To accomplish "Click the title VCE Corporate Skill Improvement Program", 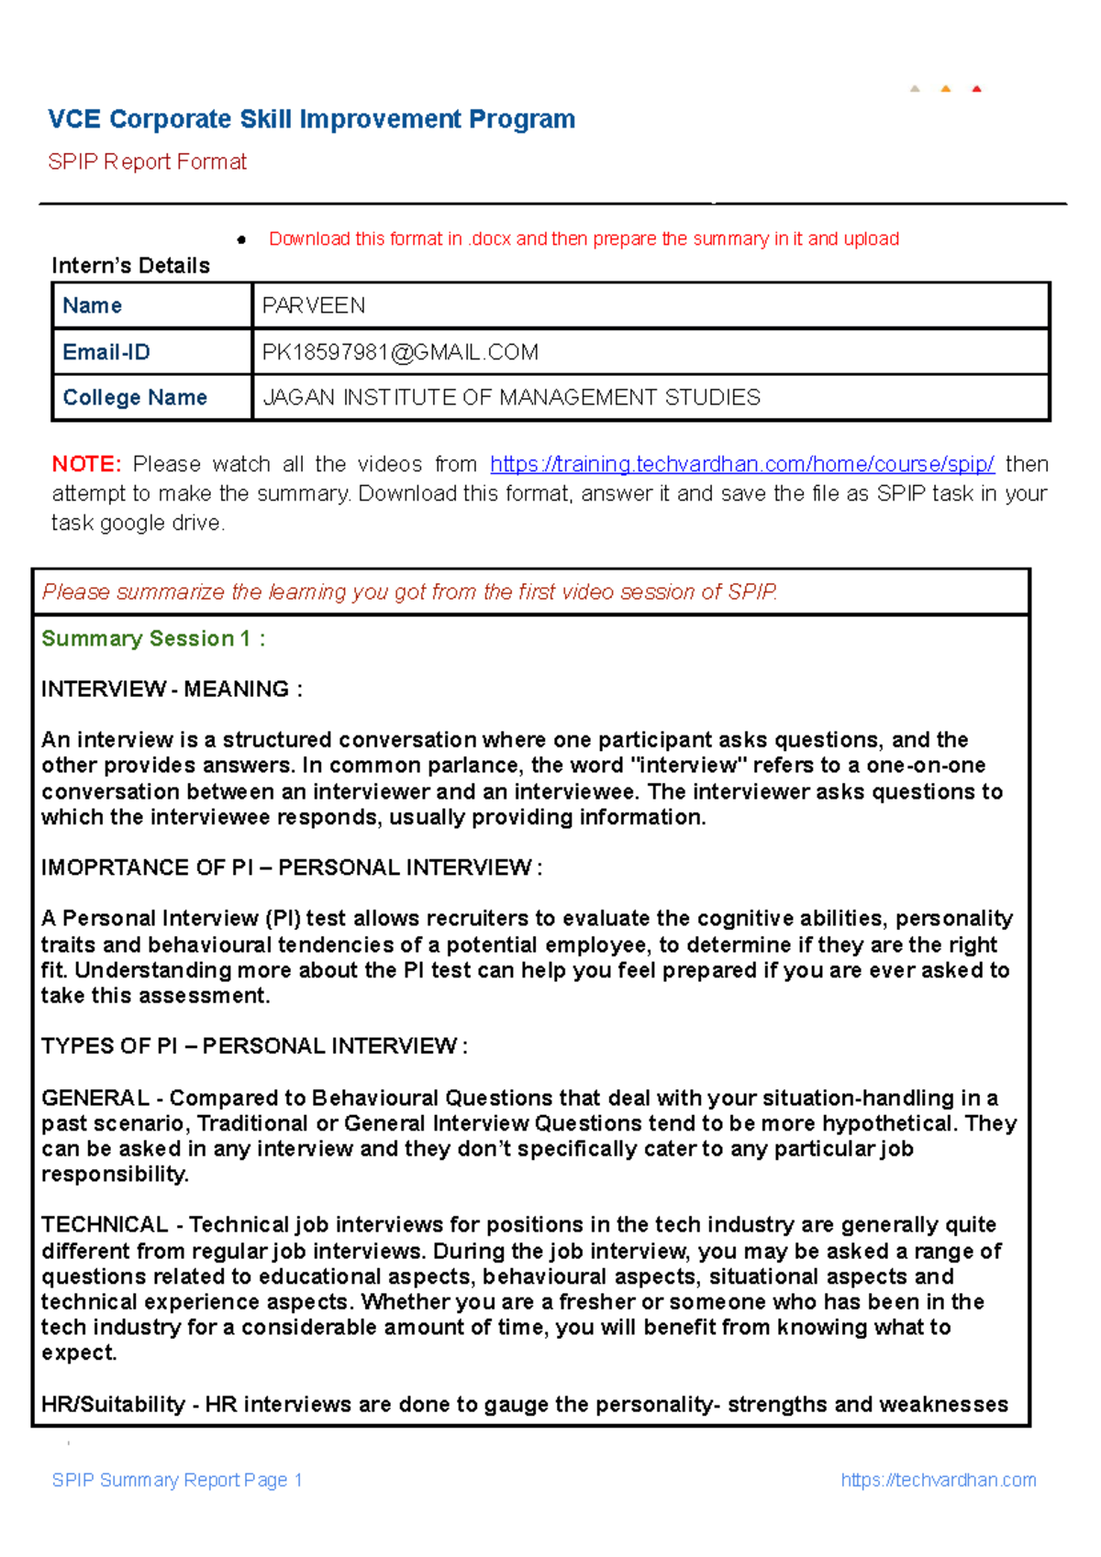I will pos(311,119).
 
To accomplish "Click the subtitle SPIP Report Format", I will pos(147,162).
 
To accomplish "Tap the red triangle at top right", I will pos(976,89).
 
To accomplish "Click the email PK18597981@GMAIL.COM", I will pos(400,352).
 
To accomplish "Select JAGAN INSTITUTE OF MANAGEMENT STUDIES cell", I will pos(511,398).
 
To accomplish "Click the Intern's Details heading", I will pos(130,266).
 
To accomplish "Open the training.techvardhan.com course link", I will pos(741,464).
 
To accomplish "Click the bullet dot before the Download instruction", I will pos(241,240).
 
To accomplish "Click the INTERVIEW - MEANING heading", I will pos(172,690).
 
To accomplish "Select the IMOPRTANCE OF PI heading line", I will pos(291,868).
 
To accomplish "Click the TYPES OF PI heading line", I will pos(254,1046).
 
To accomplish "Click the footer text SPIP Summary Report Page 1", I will pos(177,1480).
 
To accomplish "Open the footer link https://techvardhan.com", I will pos(938,1480).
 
